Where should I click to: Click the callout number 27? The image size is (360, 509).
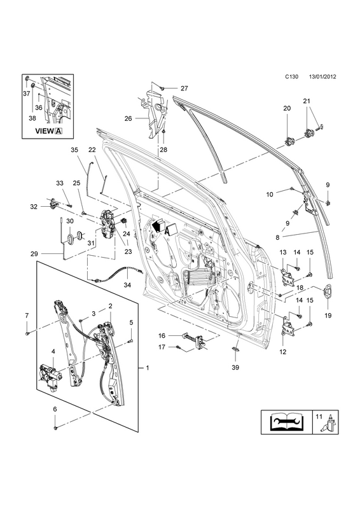click(184, 88)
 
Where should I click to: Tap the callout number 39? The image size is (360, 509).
click(235, 367)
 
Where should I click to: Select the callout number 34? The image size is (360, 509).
click(127, 285)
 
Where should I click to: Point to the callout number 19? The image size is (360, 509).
click(327, 315)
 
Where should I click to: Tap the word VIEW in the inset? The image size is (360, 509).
click(44, 131)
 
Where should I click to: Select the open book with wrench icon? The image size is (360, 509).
click(286, 422)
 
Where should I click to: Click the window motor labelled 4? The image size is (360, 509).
click(51, 377)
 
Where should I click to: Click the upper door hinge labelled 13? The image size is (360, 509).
click(287, 277)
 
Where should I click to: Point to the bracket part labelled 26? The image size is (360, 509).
click(154, 112)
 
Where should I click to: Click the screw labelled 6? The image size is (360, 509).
click(55, 428)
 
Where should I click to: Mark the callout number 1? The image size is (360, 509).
click(147, 368)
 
